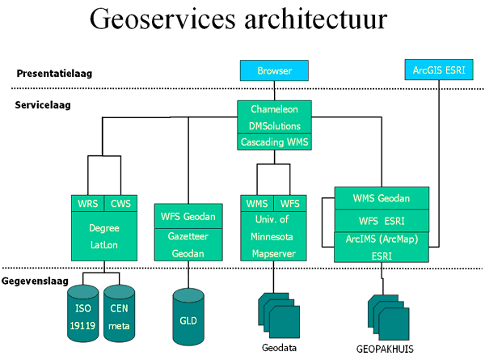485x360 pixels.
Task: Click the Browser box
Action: (x=274, y=70)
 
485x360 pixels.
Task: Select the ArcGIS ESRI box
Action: (x=439, y=70)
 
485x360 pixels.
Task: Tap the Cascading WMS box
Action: (x=274, y=142)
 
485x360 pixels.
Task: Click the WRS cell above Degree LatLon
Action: (x=88, y=203)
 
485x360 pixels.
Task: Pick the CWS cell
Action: (x=120, y=203)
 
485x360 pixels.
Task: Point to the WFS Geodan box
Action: (x=188, y=216)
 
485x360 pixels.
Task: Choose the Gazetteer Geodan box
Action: (x=188, y=245)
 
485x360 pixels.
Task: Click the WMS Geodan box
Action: (x=382, y=198)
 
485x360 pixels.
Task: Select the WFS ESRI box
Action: (x=382, y=221)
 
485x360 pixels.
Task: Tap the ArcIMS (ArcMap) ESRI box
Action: (x=382, y=247)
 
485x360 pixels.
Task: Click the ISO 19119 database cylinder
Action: (x=83, y=314)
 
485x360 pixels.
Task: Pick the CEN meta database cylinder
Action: (x=119, y=314)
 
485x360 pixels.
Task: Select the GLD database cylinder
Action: (x=188, y=317)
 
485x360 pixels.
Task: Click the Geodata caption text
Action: (x=279, y=348)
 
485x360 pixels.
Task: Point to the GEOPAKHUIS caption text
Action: (x=385, y=349)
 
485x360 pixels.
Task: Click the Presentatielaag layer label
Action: (x=54, y=74)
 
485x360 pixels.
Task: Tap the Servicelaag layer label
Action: (x=43, y=105)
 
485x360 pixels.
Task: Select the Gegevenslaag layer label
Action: (x=35, y=281)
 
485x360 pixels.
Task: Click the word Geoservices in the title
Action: (x=162, y=19)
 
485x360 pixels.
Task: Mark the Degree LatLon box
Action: (x=104, y=236)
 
